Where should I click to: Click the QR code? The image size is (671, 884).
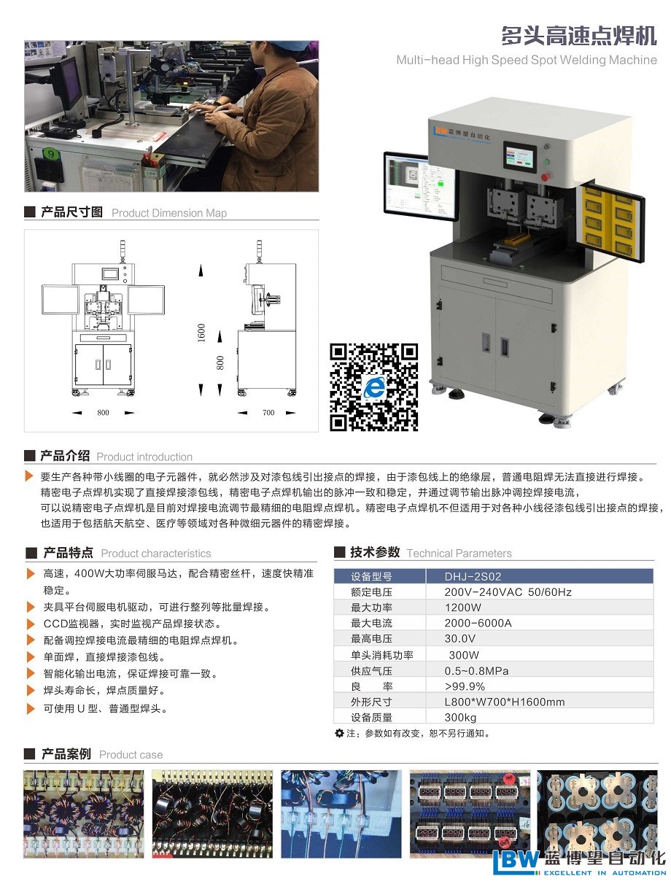[x=373, y=387]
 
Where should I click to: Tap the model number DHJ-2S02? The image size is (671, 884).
[x=473, y=576]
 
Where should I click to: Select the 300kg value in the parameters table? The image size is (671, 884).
[x=460, y=717]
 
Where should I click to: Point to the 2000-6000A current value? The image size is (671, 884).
[x=478, y=623]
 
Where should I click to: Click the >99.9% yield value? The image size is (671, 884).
[x=465, y=686]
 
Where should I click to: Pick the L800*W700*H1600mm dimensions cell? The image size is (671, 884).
[x=504, y=702]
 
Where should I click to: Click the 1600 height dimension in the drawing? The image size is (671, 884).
[x=201, y=333]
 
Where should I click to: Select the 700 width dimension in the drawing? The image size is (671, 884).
[x=268, y=412]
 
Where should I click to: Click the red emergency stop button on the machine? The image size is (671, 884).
[x=545, y=177]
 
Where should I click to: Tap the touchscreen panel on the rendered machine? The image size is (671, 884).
[x=520, y=158]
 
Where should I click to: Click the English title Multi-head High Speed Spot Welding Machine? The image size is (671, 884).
[x=527, y=60]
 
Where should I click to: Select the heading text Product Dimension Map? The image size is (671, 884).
[x=169, y=213]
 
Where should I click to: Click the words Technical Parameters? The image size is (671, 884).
[x=459, y=553]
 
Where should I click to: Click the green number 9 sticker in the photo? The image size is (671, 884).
[x=51, y=153]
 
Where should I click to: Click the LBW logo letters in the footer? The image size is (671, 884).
[x=516, y=863]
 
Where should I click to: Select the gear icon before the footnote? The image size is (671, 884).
[x=339, y=732]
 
